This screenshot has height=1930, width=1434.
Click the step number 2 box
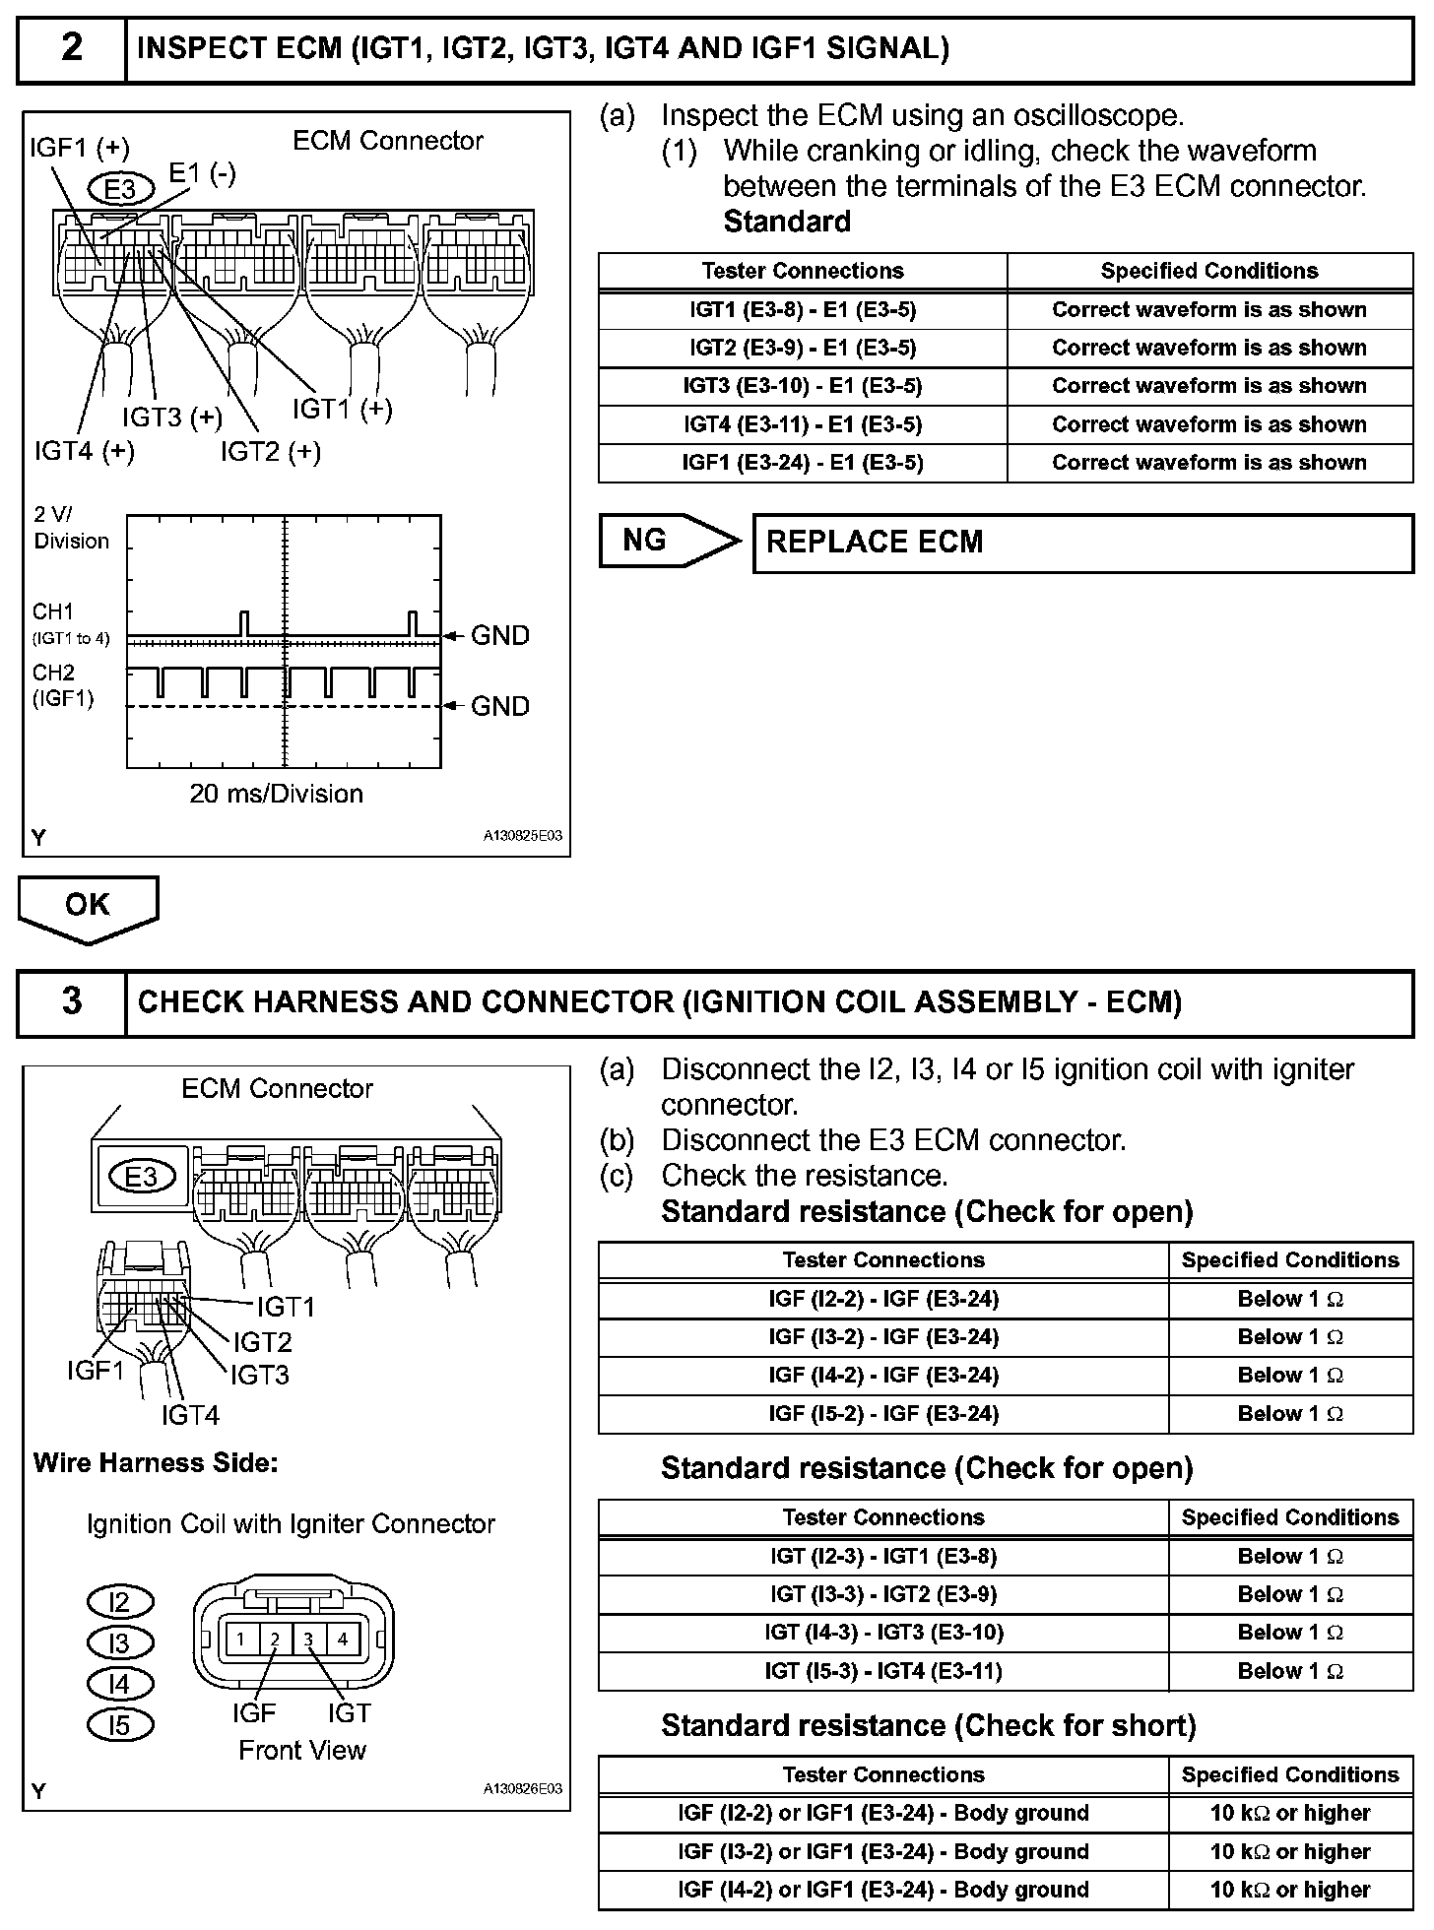(72, 48)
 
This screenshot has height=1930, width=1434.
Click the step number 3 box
(72, 1001)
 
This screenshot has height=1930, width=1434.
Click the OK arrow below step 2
(88, 907)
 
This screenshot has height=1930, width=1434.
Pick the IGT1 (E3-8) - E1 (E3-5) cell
(803, 310)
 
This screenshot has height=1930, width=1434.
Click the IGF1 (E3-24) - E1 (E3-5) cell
(803, 463)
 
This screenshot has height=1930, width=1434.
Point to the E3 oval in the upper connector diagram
(121, 188)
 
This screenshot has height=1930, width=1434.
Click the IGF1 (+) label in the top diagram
(80, 148)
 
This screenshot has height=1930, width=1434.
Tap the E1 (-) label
(202, 173)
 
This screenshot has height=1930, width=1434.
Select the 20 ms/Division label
(276, 794)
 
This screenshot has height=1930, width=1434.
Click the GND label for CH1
(499, 636)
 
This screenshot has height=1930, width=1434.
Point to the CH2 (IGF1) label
(62, 686)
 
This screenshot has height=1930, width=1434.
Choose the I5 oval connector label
(119, 1725)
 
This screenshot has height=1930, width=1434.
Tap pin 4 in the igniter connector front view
(342, 1640)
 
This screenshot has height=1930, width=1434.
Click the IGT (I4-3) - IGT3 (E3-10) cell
(883, 1633)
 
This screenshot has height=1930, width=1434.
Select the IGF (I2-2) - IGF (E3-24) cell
(883, 1300)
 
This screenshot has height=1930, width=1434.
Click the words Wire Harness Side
(156, 1463)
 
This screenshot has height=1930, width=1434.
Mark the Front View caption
(302, 1750)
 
